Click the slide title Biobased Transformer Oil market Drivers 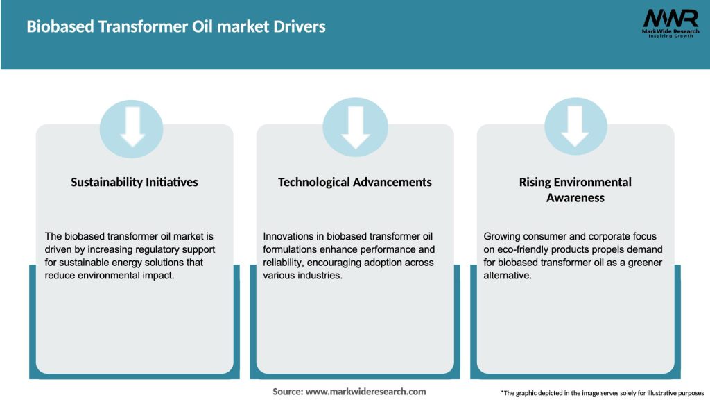[176, 27]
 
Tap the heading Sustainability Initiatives [135, 182]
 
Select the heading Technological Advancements [355, 182]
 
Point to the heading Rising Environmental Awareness [575, 190]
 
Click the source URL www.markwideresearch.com [365, 392]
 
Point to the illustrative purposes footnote [602, 393]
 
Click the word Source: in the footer [287, 392]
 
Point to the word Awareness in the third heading [575, 198]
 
